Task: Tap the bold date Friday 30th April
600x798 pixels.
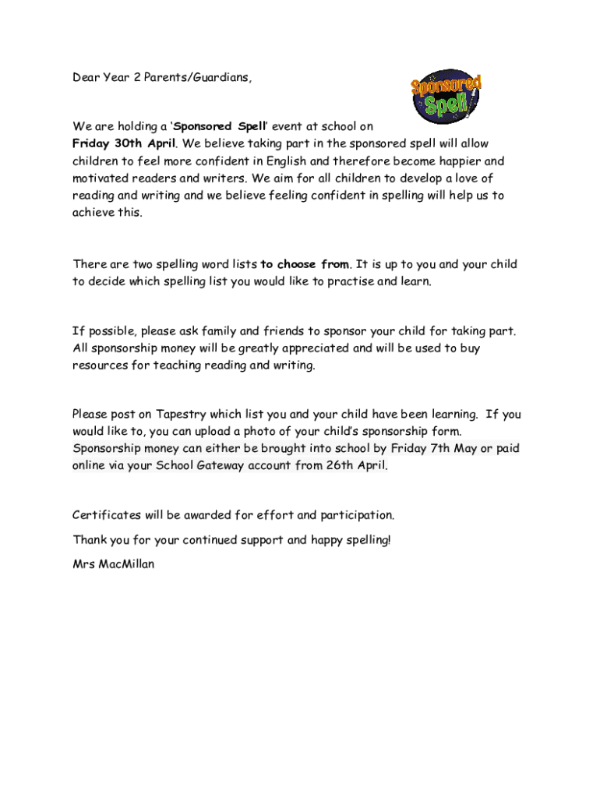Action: (125, 143)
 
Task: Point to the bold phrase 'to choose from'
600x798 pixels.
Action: (305, 264)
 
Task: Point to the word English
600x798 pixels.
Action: (285, 161)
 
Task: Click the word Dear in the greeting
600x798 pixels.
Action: (86, 78)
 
